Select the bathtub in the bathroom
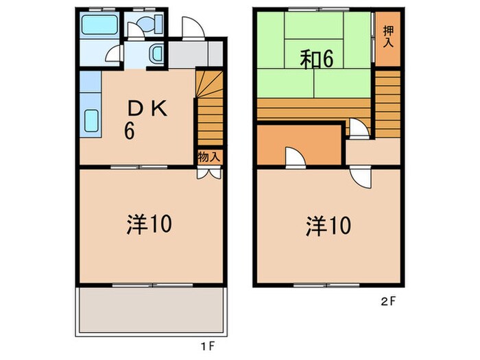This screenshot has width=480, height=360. click(x=98, y=28)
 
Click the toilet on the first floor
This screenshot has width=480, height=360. click(x=145, y=25)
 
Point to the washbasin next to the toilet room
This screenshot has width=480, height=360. click(x=156, y=53)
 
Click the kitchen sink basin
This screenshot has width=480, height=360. click(x=91, y=121)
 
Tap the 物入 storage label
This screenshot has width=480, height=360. click(x=209, y=157)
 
